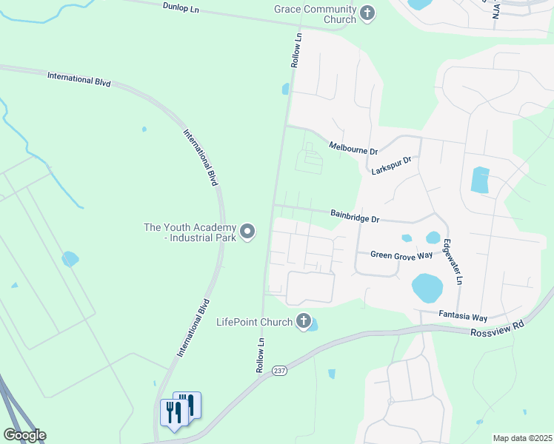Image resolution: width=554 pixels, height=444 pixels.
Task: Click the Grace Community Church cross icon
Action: [x=367, y=13]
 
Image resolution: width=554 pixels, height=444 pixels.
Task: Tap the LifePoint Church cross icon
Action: [x=303, y=321]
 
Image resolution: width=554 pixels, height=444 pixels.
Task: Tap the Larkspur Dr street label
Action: [x=392, y=165]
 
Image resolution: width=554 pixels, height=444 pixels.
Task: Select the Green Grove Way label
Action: [x=401, y=255]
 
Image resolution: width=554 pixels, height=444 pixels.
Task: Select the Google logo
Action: [x=24, y=435]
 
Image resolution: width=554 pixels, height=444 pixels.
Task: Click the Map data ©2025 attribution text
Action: [x=521, y=438]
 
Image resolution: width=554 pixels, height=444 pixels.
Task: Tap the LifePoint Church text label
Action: [x=254, y=322]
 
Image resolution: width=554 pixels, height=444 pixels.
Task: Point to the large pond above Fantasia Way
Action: [x=427, y=288]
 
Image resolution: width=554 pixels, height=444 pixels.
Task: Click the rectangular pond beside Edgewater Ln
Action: [x=480, y=180]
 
